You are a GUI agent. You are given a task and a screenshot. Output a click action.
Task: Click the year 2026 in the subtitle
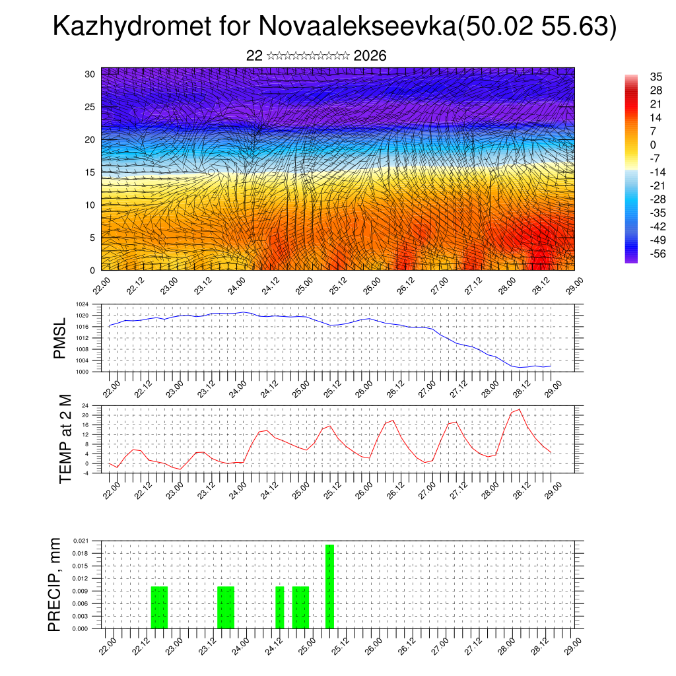click(x=370, y=56)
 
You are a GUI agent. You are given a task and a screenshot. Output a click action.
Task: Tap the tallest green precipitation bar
click(x=329, y=586)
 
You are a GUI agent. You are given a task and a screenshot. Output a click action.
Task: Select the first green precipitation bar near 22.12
click(x=160, y=607)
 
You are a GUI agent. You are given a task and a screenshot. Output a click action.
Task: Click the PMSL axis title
click(x=60, y=339)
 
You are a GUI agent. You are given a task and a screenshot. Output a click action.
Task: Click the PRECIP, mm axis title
click(x=55, y=584)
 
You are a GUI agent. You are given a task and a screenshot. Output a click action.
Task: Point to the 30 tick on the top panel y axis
click(x=90, y=74)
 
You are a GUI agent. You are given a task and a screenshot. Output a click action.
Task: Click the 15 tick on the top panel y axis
click(x=90, y=172)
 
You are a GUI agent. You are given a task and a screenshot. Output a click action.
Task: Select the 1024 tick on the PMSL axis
click(x=81, y=304)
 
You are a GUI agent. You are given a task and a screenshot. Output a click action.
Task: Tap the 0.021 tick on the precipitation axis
click(x=81, y=541)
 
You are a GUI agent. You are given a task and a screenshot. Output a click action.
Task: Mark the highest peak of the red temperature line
click(x=520, y=409)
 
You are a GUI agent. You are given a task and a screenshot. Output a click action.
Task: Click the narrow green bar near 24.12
click(x=280, y=607)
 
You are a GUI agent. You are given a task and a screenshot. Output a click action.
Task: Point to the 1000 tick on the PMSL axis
click(x=81, y=372)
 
